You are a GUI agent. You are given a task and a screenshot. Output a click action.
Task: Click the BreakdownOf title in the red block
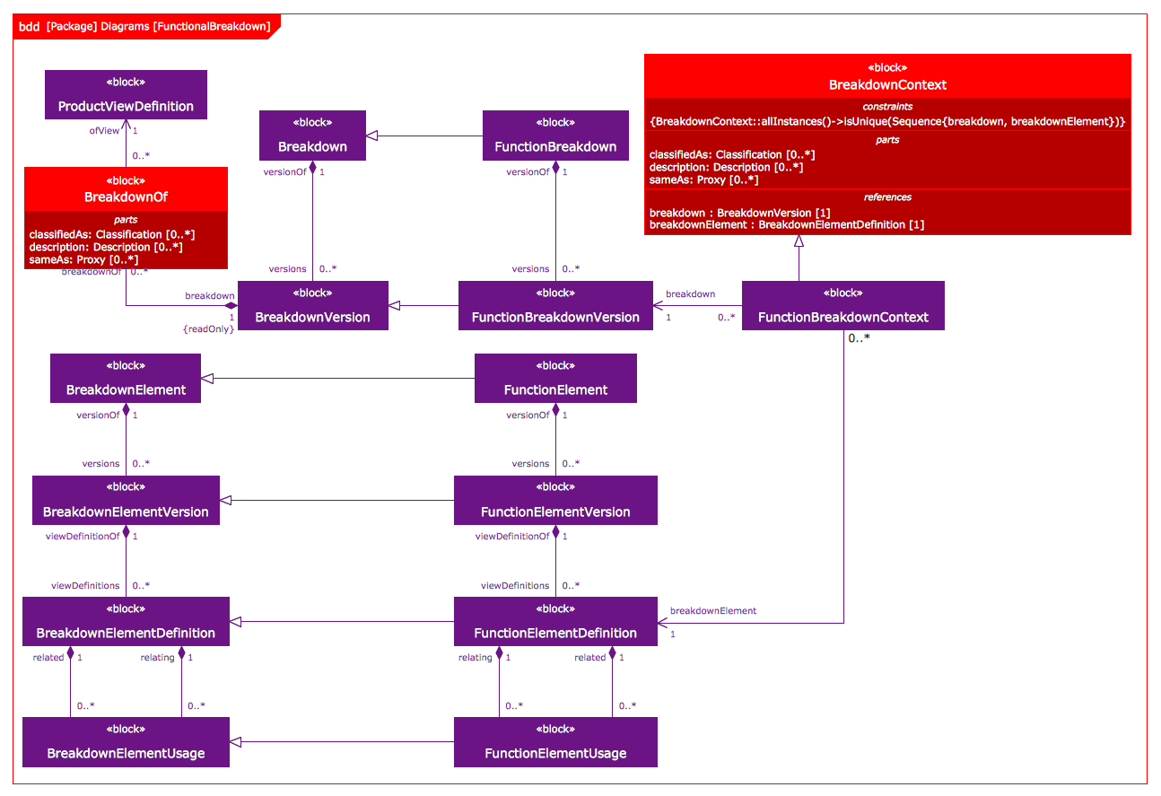click(126, 197)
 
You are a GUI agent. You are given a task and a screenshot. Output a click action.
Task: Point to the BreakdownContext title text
click(887, 85)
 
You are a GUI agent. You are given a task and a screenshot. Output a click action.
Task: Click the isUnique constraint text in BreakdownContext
click(887, 121)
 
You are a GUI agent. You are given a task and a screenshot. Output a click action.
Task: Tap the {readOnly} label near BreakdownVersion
click(208, 329)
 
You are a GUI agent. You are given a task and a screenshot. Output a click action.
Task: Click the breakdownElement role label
click(712, 611)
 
